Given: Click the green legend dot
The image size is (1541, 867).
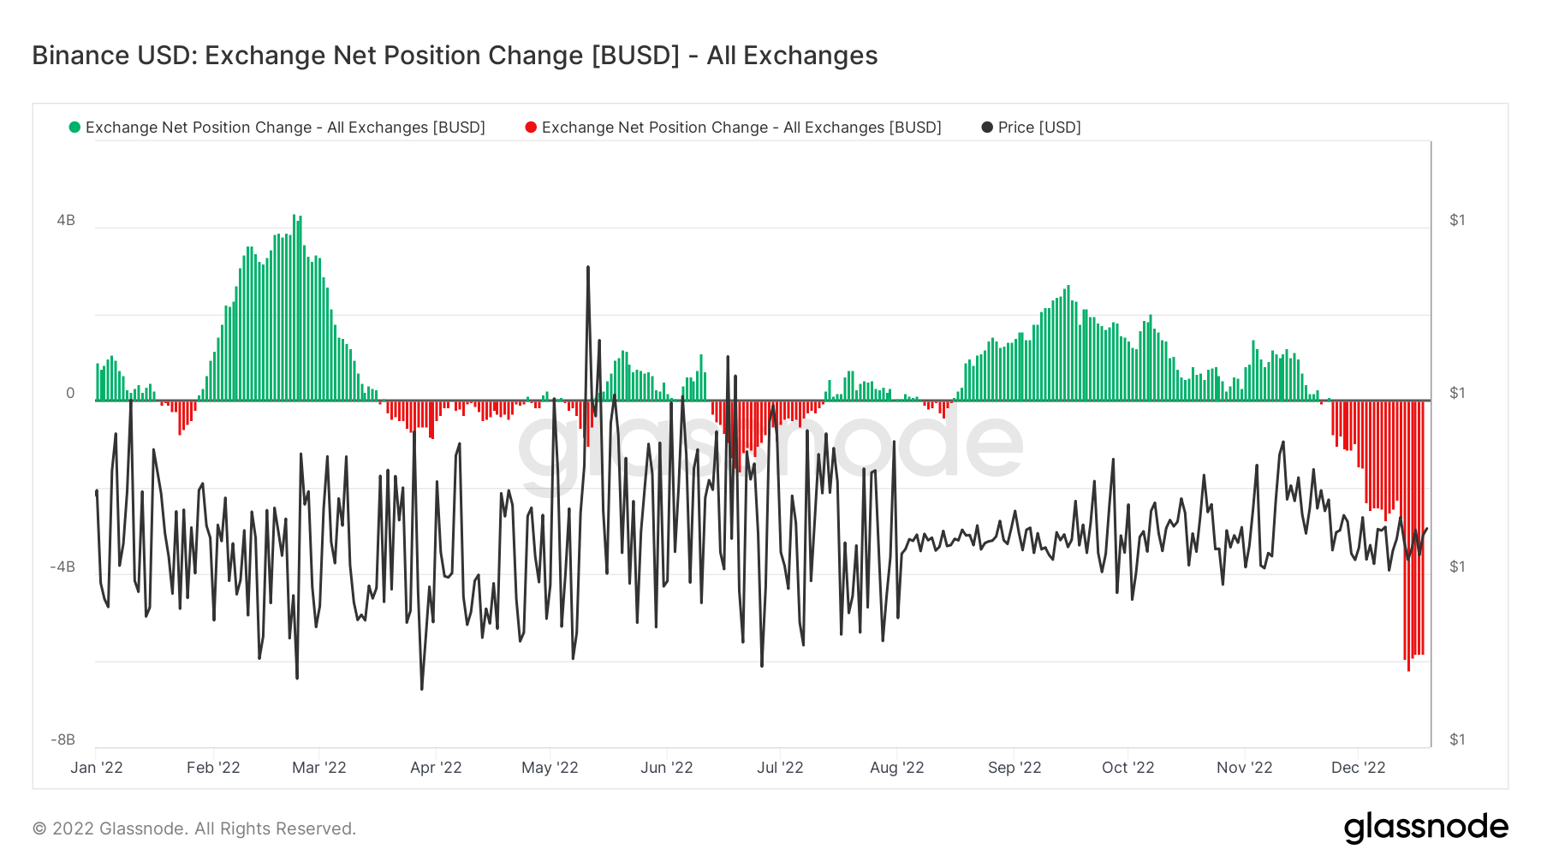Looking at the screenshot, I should (74, 128).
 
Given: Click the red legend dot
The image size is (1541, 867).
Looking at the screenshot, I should (531, 128).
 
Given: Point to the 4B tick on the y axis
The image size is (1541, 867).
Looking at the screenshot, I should (66, 220).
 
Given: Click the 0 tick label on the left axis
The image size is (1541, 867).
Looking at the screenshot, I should (70, 393).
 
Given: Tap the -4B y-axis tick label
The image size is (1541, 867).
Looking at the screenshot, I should (62, 567).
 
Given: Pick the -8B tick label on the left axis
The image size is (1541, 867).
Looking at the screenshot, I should (62, 739).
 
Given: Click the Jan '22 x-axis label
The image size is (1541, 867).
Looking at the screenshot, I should (97, 767).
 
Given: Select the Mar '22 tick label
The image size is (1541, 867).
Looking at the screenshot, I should (319, 767).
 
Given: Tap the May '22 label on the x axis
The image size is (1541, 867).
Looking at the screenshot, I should (550, 767).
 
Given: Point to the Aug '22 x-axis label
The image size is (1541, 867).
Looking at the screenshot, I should (896, 767).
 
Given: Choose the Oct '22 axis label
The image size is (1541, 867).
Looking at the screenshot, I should (1127, 767).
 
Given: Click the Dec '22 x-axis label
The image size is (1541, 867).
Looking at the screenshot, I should (1358, 767).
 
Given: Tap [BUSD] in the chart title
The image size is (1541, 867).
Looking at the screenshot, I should (635, 56).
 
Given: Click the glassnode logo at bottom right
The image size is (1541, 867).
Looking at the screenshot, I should (1425, 828).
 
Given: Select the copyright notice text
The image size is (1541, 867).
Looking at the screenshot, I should (194, 828).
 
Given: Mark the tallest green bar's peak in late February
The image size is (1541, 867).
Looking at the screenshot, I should (294, 216).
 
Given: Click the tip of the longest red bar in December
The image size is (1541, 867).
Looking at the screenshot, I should (1408, 670).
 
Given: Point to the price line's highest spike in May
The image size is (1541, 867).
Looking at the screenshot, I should (588, 267).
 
